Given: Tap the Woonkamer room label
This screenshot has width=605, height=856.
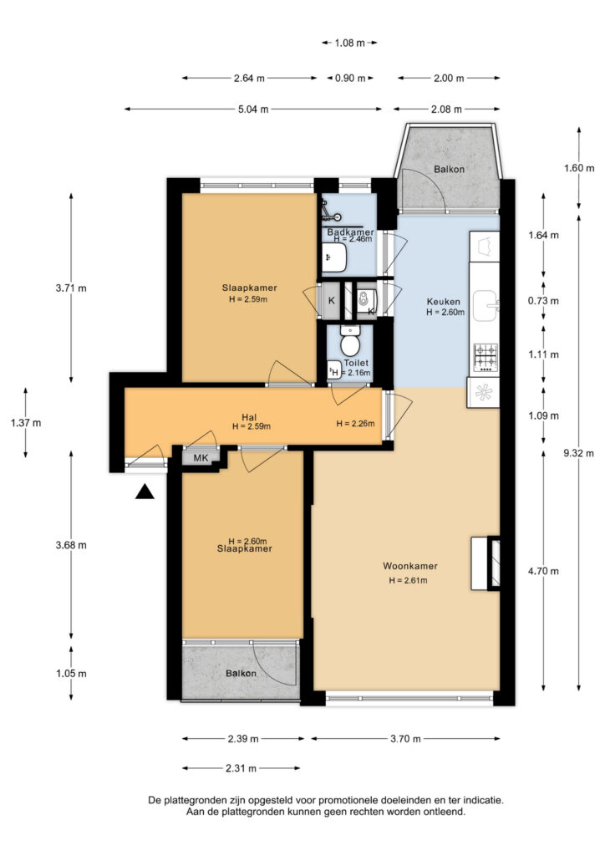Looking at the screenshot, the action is click(409, 566).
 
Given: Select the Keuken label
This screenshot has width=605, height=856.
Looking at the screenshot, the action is click(443, 301).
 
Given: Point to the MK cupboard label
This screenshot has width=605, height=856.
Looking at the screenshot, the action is click(201, 458).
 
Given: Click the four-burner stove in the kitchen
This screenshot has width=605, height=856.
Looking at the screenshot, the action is click(485, 358).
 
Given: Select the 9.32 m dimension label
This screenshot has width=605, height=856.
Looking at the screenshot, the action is click(578, 453).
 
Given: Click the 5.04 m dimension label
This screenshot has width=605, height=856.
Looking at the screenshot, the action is click(253, 110).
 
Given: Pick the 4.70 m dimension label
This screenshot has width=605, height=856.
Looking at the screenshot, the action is click(543, 571).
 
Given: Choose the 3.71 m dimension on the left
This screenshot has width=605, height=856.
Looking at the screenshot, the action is click(71, 288).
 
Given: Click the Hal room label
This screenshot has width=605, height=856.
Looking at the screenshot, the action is click(249, 418).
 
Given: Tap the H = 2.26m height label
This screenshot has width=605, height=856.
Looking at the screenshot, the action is click(355, 423).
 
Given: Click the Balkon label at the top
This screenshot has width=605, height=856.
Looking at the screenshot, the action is click(449, 169).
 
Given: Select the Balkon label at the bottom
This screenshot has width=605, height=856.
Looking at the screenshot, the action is click(241, 673).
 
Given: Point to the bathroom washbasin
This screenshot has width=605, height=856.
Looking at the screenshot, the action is click(334, 257).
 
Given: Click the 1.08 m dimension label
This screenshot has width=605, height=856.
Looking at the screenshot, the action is click(349, 43).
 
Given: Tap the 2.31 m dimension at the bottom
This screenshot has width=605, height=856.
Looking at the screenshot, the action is click(241, 768).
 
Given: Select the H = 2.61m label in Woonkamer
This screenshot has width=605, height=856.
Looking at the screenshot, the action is click(408, 580).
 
